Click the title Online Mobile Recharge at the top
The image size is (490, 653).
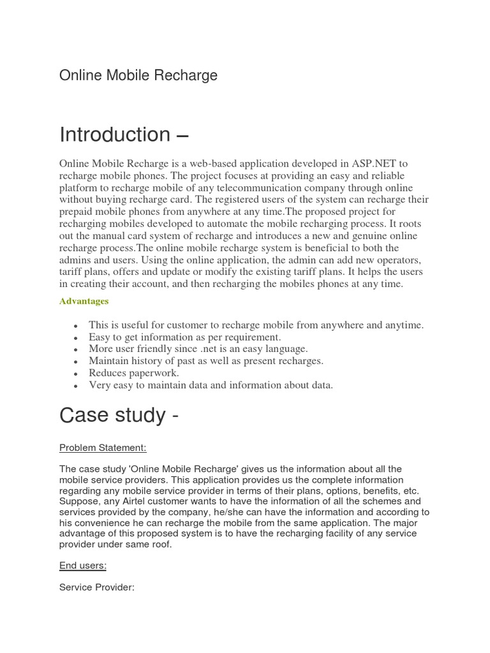[x=138, y=75]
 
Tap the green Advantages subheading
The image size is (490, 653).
[x=84, y=301]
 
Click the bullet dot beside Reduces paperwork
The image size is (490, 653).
[x=77, y=374]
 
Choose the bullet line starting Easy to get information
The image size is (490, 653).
[x=184, y=337]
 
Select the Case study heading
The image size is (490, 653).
[x=119, y=415]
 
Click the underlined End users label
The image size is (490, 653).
[x=83, y=566]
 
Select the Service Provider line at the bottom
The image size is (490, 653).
[x=97, y=587]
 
